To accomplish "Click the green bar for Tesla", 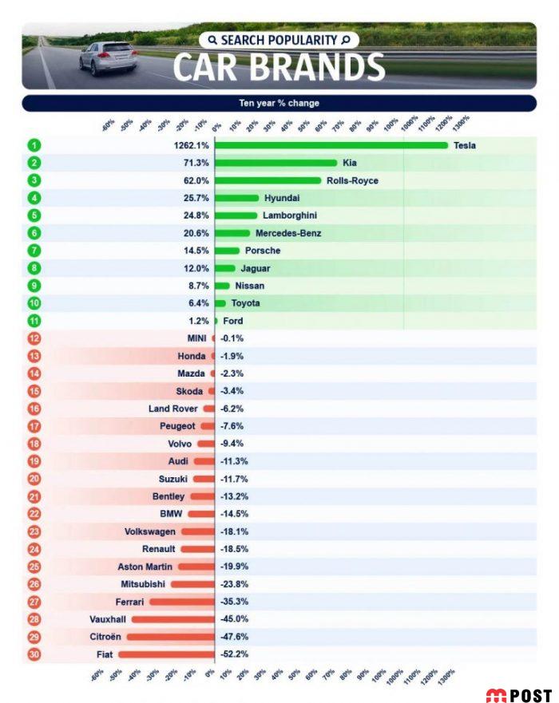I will (331, 145).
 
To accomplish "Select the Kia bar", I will (276, 163).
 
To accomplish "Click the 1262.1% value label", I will (192, 145).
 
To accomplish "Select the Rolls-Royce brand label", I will (352, 180).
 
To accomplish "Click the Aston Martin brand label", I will (145, 567).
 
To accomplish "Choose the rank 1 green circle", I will (34, 145).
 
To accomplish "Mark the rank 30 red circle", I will (34, 654).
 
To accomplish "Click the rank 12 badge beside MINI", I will (34, 338).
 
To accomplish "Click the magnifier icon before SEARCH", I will (212, 40).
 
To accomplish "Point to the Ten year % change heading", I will (279, 103).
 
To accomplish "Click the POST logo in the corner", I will (518, 695).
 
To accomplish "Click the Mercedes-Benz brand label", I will (288, 233).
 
